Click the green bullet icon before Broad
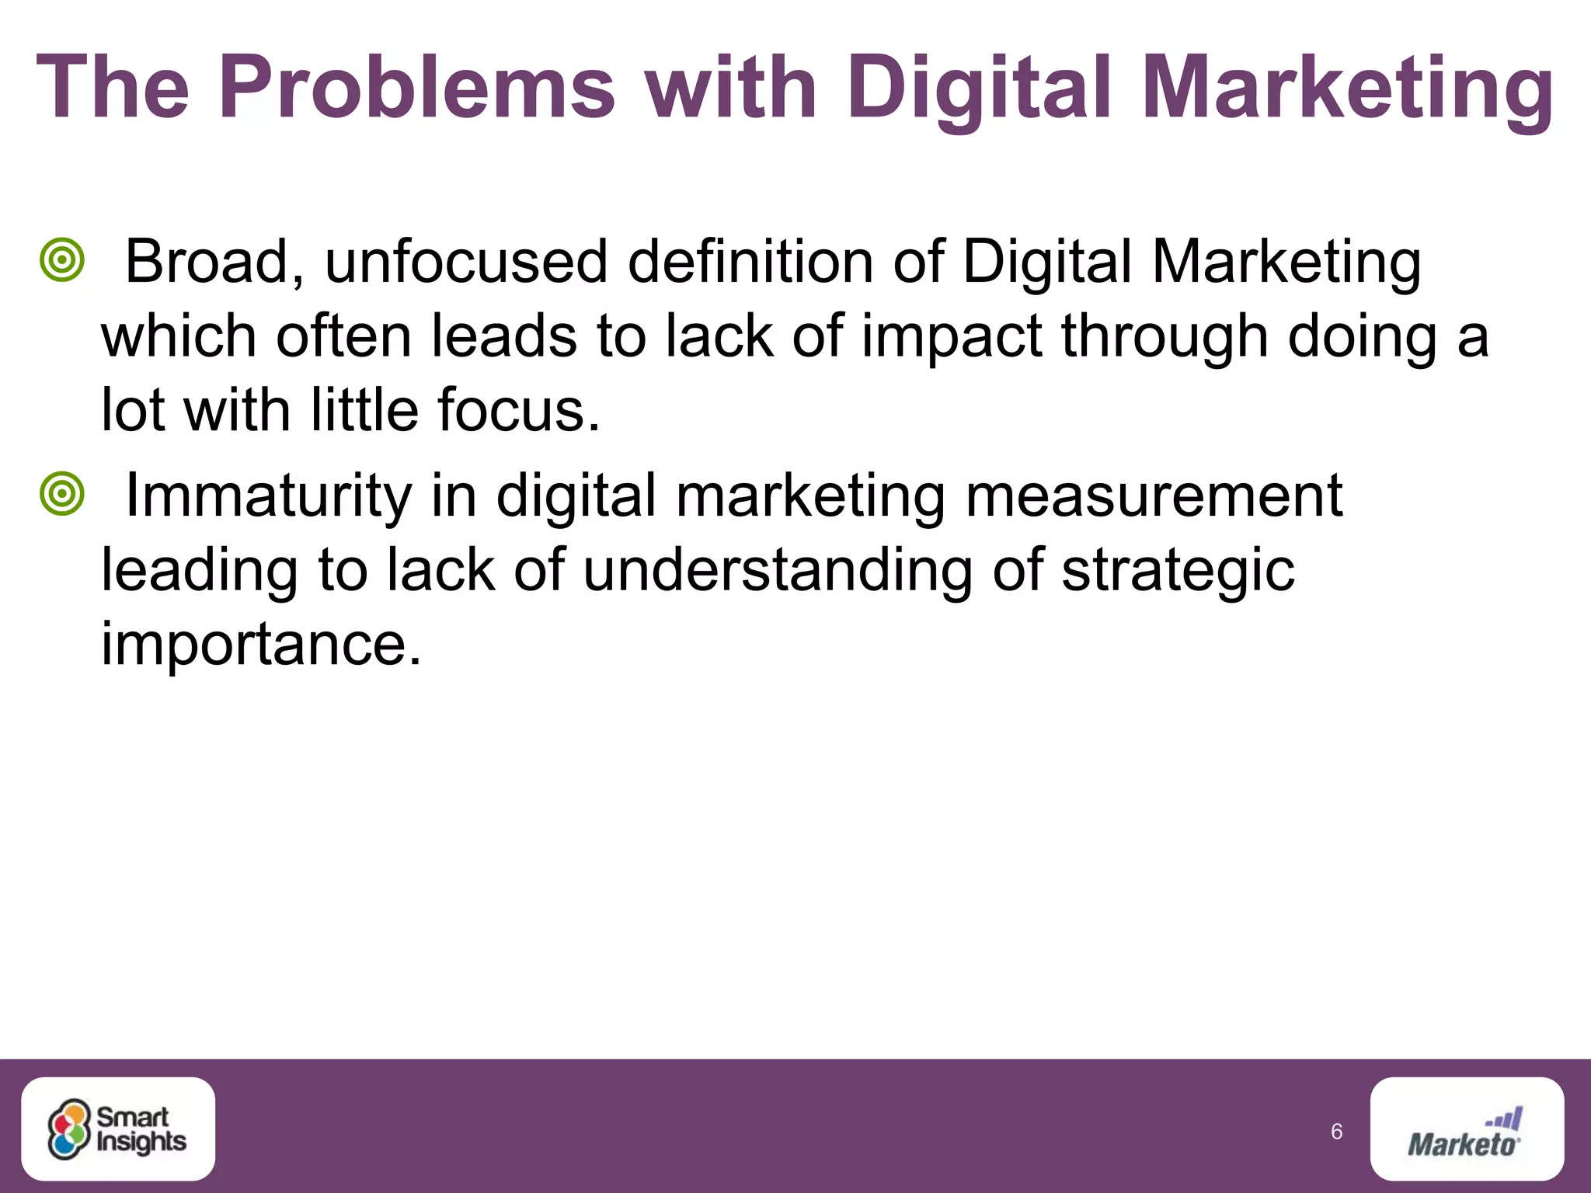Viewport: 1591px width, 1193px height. coord(61,259)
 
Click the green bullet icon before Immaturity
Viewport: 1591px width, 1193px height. coord(61,494)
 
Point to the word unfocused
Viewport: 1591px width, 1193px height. coord(465,262)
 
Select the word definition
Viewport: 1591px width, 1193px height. coord(750,262)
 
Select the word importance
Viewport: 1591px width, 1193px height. coord(261,645)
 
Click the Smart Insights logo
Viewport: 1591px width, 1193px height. coord(118,1129)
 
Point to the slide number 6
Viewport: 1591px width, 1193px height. coord(1336,1132)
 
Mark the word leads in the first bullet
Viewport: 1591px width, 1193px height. coord(503,336)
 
